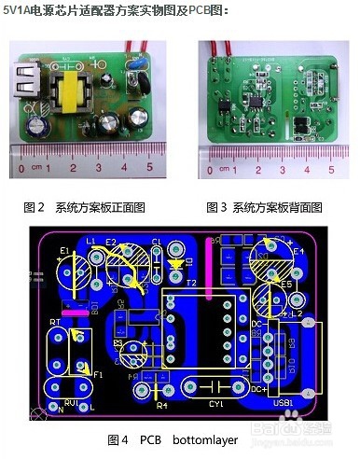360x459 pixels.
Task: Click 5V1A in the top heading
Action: pyautogui.click(x=21, y=8)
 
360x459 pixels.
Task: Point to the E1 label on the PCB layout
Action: pyautogui.click(x=63, y=251)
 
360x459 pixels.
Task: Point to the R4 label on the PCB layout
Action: pyautogui.click(x=161, y=406)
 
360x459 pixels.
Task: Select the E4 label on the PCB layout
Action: pyautogui.click(x=298, y=251)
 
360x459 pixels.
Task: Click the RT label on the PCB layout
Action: pyautogui.click(x=55, y=321)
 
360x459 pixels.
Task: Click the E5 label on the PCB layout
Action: pyautogui.click(x=286, y=285)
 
